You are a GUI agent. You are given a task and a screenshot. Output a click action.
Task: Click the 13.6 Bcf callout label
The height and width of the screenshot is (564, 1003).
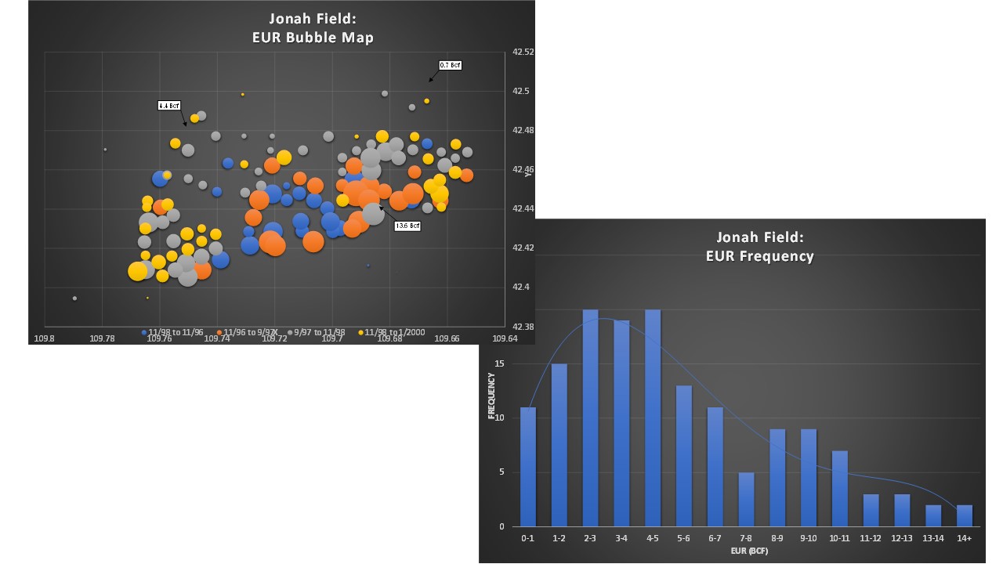407,226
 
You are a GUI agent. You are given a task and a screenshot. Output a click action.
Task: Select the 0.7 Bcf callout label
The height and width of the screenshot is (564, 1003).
450,65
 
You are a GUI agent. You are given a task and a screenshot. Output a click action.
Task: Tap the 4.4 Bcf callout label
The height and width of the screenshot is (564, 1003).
168,105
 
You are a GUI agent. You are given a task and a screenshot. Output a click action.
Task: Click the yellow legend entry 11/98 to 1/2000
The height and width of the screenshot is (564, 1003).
394,332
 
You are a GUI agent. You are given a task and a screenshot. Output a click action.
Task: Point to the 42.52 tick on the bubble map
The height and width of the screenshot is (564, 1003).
523,52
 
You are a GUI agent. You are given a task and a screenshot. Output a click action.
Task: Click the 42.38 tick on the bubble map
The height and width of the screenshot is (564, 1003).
523,326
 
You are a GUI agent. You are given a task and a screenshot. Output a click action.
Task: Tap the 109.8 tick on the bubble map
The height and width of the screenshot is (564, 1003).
44,338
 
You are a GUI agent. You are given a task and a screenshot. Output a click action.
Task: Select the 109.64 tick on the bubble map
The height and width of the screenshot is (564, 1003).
505,338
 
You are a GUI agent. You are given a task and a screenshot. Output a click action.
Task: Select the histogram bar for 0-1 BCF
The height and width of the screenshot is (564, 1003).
528,467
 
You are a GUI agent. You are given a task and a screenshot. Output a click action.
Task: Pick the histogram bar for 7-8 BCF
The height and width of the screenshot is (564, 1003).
746,499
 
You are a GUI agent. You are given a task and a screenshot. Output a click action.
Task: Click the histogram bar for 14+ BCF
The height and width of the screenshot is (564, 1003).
964,515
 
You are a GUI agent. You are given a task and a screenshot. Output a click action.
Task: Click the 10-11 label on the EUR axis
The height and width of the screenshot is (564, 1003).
839,539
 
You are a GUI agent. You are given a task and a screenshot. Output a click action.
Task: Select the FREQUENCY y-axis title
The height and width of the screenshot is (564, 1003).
492,396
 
